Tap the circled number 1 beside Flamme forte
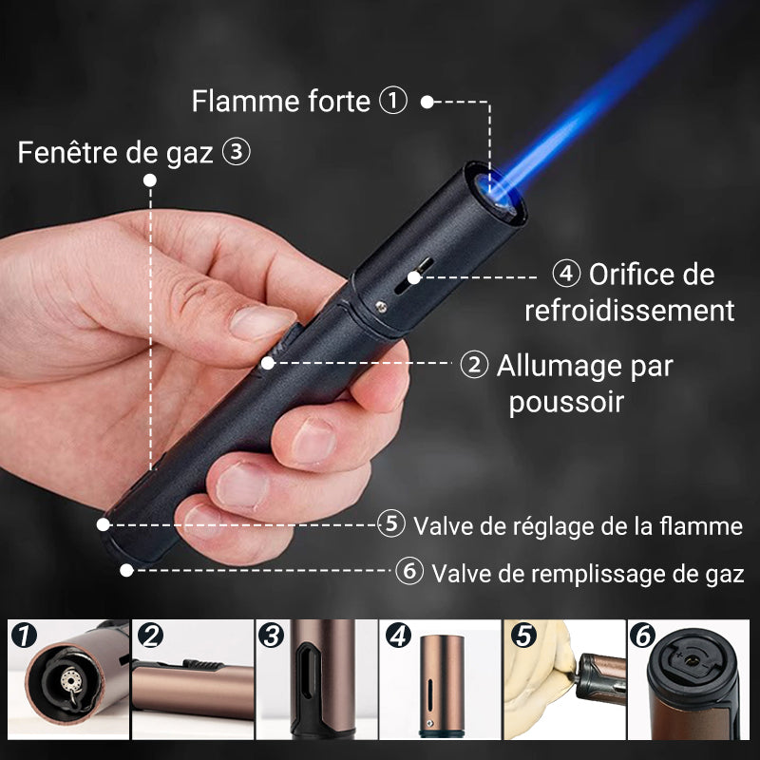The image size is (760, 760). tap(392, 101)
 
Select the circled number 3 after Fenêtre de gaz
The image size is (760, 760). tap(236, 152)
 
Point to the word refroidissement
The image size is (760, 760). tap(630, 311)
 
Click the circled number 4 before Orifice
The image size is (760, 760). tap(566, 274)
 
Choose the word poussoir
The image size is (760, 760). tap(566, 402)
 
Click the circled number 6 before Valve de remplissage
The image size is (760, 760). tap(409, 571)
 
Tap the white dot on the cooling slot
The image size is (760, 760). tap(414, 277)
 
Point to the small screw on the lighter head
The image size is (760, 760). tap(382, 306)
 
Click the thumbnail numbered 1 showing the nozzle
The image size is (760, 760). tap(68, 679)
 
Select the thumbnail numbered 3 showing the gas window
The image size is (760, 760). tap(317, 679)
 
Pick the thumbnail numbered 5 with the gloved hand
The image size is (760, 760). tap(564, 679)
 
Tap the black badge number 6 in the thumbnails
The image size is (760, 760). tap(643, 636)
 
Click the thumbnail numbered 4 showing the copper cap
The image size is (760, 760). tap(440, 679)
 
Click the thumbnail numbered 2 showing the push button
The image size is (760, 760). tap(193, 679)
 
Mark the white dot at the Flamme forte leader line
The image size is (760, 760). tap(427, 102)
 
